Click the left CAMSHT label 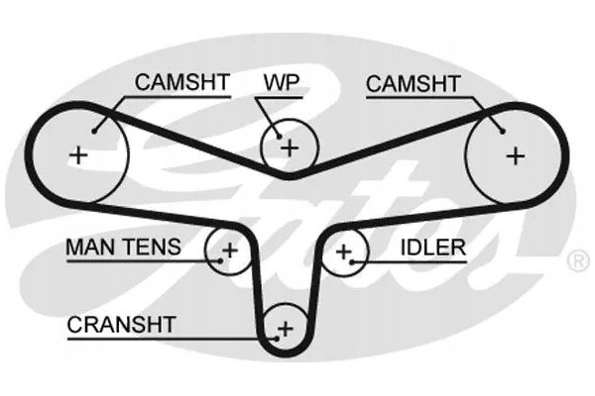[x=182, y=82]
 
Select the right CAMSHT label [x=414, y=84]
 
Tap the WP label [x=282, y=82]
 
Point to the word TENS [x=153, y=247]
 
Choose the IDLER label [x=433, y=247]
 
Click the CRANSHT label [x=121, y=325]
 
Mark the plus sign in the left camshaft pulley [x=79, y=155]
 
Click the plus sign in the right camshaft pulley [x=516, y=155]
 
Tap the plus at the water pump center [x=290, y=148]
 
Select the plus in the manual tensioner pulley [x=230, y=250]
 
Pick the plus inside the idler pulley [x=344, y=251]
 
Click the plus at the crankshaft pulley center [x=286, y=328]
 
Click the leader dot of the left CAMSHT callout [x=94, y=132]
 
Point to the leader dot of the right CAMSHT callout [x=503, y=132]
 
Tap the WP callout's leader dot [x=279, y=137]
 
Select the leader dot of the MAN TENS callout [x=220, y=261]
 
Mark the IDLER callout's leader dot [x=352, y=261]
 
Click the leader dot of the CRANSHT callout [x=277, y=339]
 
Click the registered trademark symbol [x=578, y=261]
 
